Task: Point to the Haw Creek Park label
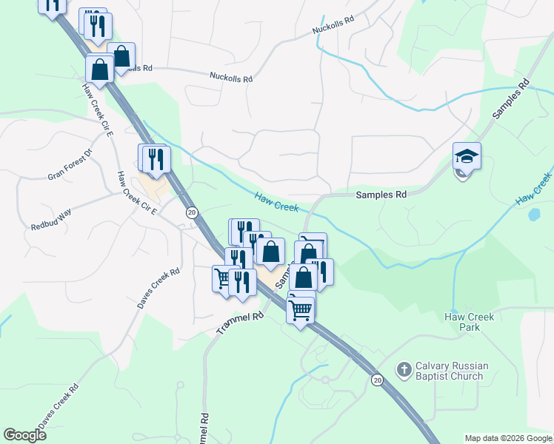[469, 321]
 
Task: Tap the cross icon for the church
[404, 369]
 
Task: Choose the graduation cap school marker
[467, 158]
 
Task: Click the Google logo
[24, 435]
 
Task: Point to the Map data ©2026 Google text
[509, 438]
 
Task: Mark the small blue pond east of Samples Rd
[533, 215]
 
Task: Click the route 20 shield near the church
[377, 380]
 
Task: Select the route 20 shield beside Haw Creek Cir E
[192, 212]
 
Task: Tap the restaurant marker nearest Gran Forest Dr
[156, 160]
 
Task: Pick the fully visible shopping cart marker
[300, 309]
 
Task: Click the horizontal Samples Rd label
[381, 195]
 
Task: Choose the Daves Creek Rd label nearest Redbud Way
[158, 288]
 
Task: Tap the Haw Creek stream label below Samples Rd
[276, 201]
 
